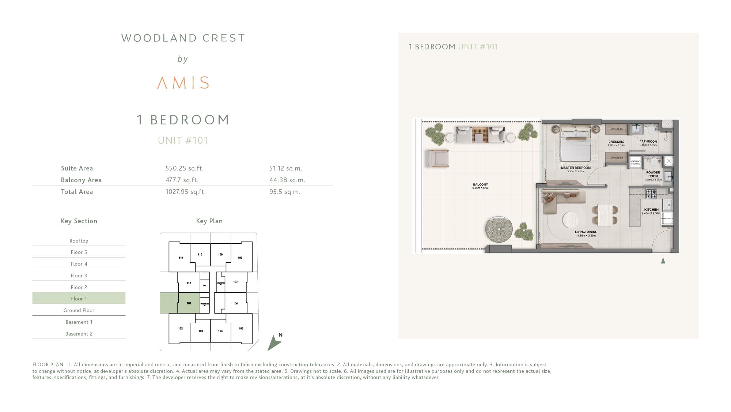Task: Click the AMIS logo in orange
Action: coord(183,83)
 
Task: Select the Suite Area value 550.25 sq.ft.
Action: coord(184,168)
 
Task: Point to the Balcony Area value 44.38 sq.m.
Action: coord(287,180)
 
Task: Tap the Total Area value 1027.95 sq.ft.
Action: coord(185,192)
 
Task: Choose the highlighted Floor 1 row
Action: coord(79,299)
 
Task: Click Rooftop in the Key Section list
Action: coord(79,241)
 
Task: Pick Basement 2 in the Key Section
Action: coord(79,334)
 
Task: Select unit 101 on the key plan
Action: coord(189,303)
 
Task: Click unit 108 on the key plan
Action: coord(240,258)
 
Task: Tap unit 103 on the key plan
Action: coord(201,331)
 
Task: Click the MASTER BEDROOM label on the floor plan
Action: coord(576,168)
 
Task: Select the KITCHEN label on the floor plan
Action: coord(651,210)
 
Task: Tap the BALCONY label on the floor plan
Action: coord(480,185)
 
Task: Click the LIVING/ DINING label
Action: coord(586,232)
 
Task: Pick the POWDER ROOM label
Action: coord(653,174)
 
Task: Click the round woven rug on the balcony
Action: coord(499,229)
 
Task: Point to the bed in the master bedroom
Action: coord(576,145)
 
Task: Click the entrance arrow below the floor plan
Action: coord(663,261)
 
